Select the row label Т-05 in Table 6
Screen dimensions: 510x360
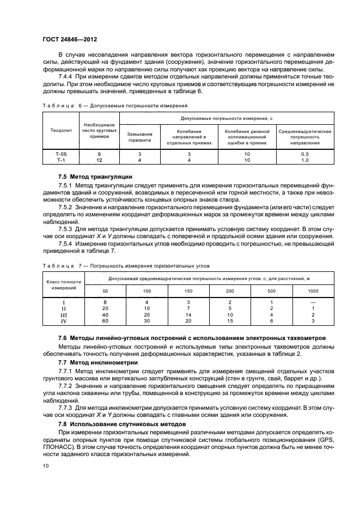(x=60, y=155)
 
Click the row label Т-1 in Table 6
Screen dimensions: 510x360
(x=60, y=161)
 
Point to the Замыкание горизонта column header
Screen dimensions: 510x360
(x=139, y=137)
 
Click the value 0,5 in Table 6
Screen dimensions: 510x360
(x=305, y=155)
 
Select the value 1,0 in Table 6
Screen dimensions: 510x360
(x=305, y=161)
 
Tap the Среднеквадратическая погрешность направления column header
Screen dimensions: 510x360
(x=305, y=137)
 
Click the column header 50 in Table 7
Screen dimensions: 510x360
(x=106, y=292)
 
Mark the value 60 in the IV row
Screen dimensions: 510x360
(x=106, y=321)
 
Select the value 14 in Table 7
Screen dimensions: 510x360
(x=188, y=315)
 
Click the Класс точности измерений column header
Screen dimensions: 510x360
(x=64, y=285)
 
